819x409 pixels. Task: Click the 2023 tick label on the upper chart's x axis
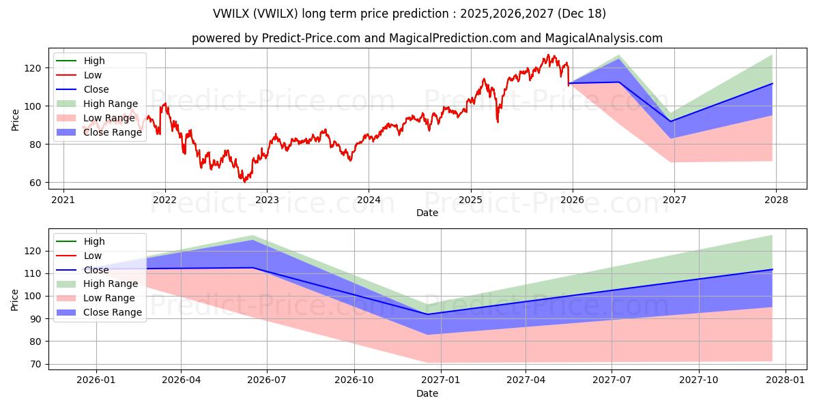[266, 200]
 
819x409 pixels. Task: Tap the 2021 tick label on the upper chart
[63, 200]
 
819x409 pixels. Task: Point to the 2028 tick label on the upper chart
[776, 200]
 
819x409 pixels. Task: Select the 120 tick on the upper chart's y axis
[34, 68]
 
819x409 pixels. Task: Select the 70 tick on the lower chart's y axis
[37, 364]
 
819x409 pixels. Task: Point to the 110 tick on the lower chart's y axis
[34, 273]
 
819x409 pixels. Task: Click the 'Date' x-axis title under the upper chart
[427, 213]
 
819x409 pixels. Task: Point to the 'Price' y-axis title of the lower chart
[15, 299]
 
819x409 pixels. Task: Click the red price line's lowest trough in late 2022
[245, 181]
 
